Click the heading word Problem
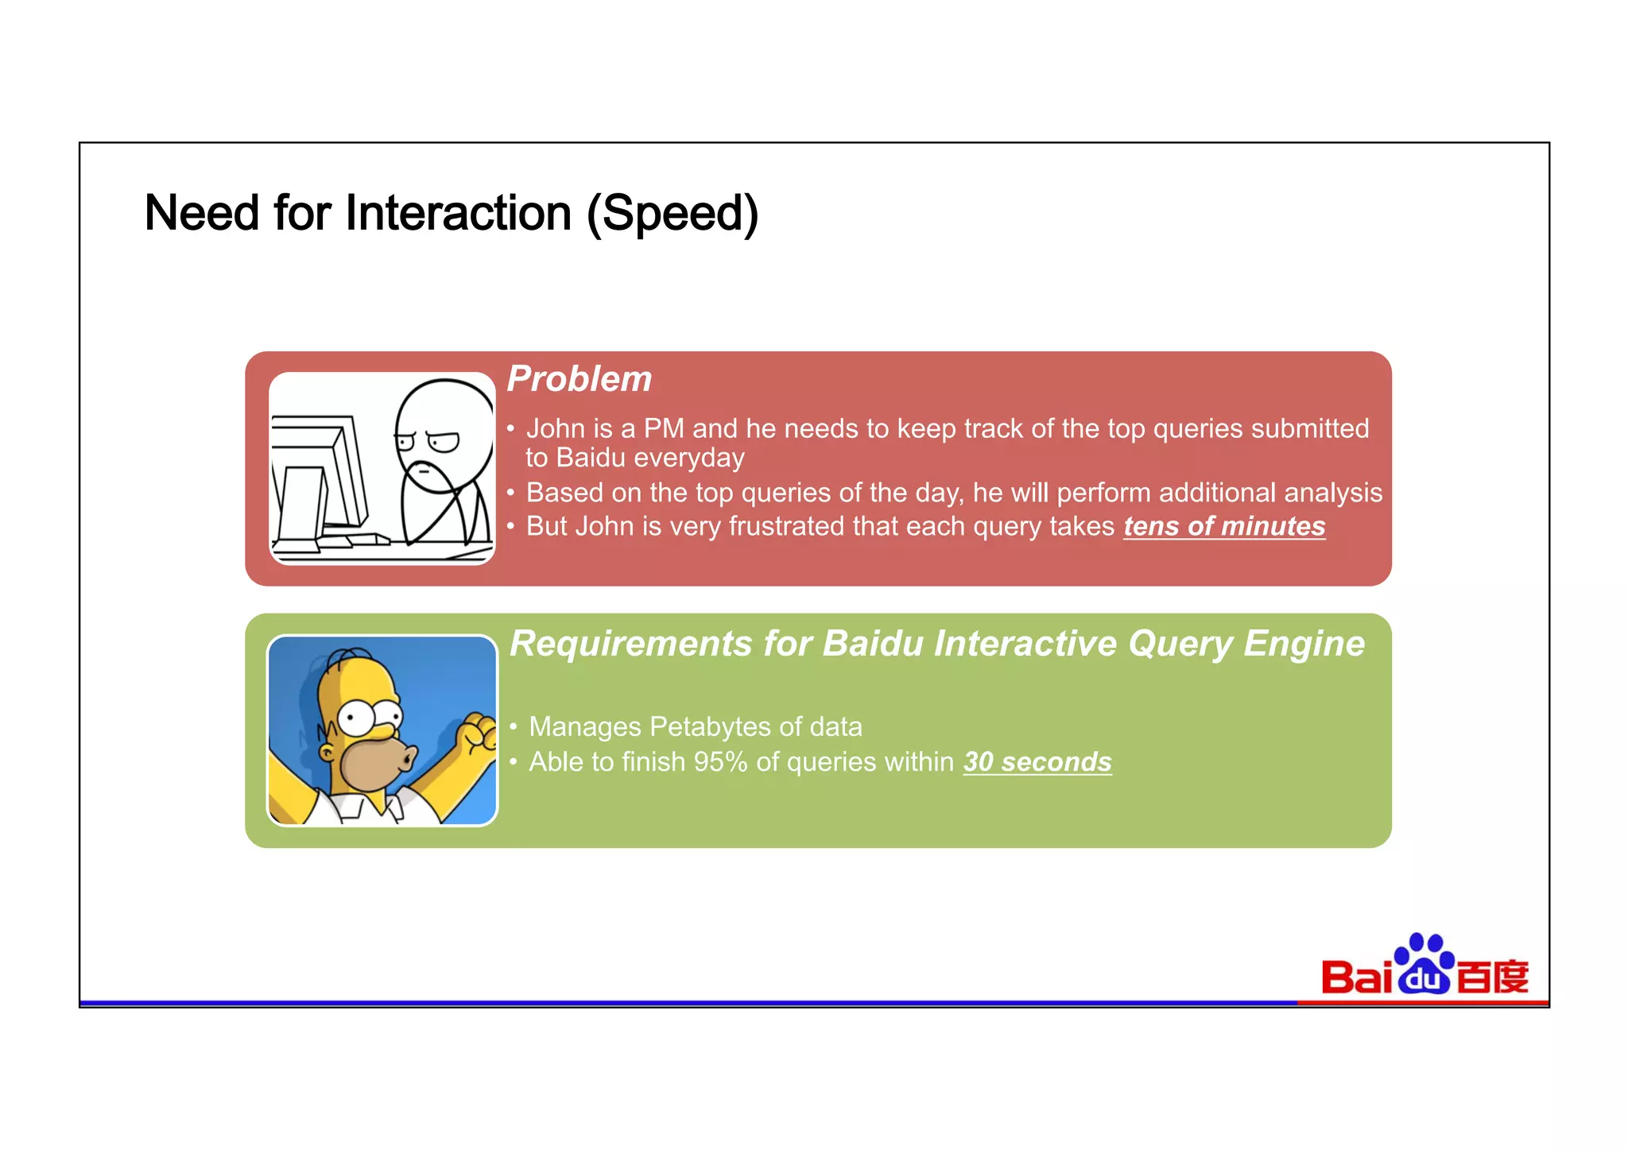click(579, 379)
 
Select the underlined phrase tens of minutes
click(1223, 526)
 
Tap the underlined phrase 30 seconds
click(1037, 761)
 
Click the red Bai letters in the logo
click(1356, 978)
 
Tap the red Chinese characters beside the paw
click(1493, 978)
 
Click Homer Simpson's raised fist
click(479, 734)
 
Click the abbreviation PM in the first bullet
click(664, 428)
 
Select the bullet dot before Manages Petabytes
click(514, 726)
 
